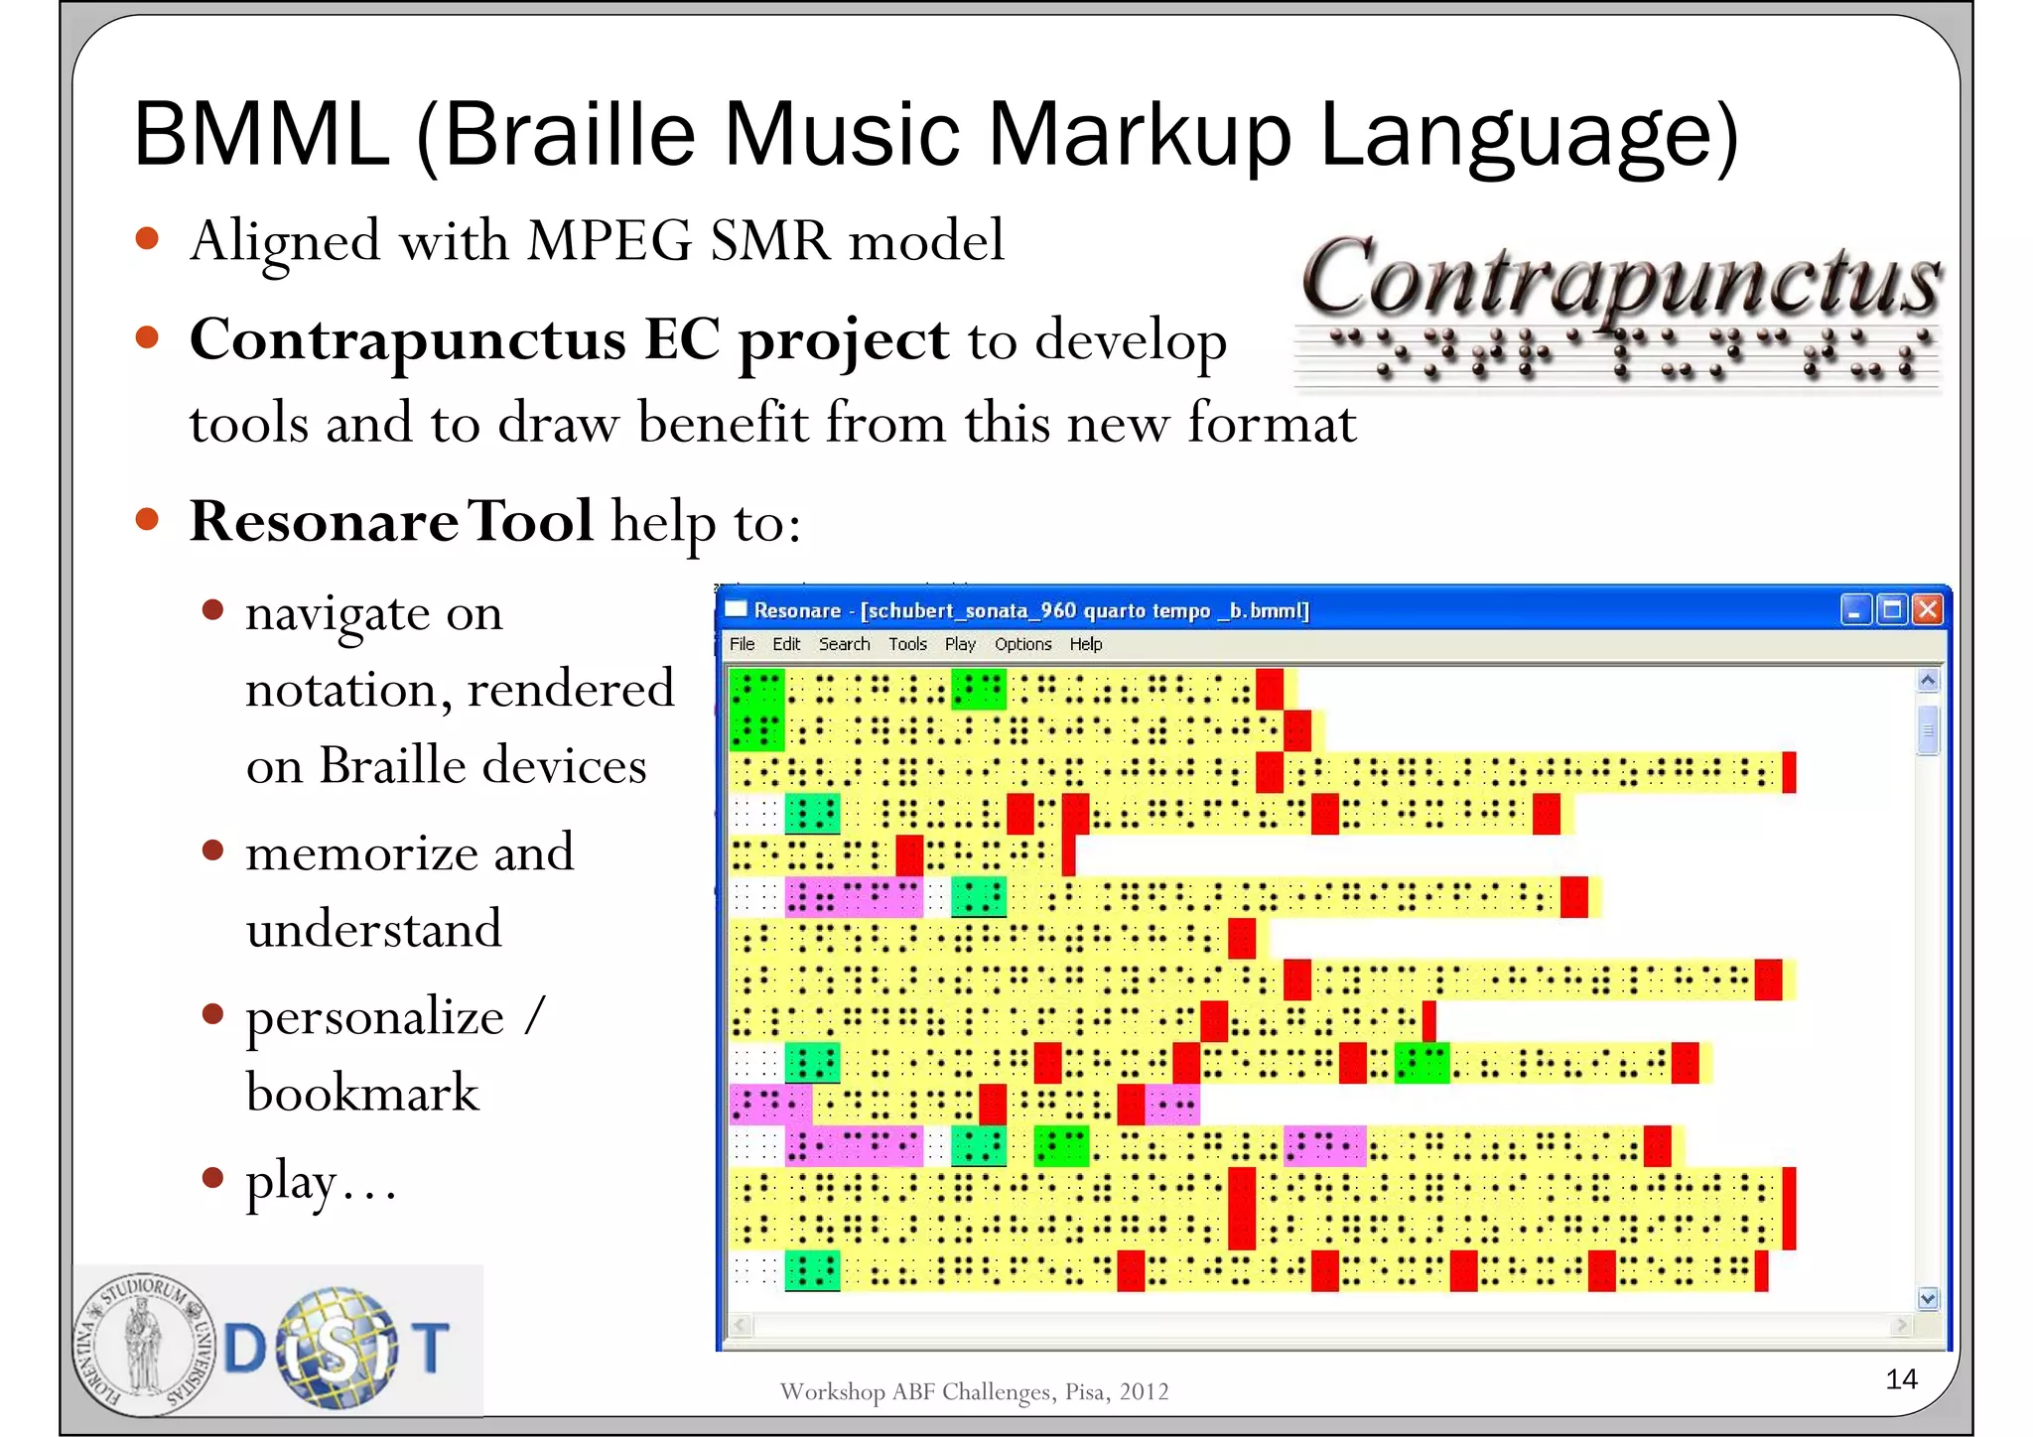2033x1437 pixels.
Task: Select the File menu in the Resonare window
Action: click(x=742, y=644)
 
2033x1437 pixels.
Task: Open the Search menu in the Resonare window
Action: click(x=844, y=644)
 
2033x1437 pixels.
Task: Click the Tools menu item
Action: click(x=907, y=644)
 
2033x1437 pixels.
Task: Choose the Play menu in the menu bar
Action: click(x=960, y=644)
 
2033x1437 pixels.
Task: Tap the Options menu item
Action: click(x=1022, y=644)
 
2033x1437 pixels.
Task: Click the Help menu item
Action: click(x=1085, y=644)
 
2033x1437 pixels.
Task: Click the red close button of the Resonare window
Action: click(x=1927, y=609)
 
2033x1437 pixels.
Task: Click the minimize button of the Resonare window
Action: click(x=1855, y=609)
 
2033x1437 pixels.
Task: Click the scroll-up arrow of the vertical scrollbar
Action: click(x=1928, y=681)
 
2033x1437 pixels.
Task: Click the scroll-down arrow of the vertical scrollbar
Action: click(x=1928, y=1298)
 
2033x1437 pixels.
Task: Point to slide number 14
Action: click(x=1901, y=1378)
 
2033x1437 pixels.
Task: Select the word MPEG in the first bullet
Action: click(x=609, y=240)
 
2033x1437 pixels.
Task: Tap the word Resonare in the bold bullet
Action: click(x=323, y=521)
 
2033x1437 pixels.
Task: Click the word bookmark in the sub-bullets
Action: click(x=362, y=1093)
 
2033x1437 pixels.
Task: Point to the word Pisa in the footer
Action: click(x=1085, y=1391)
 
